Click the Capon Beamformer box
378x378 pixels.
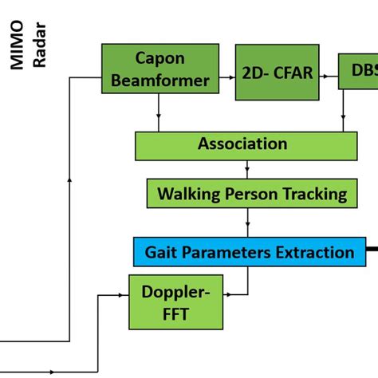click(x=160, y=69)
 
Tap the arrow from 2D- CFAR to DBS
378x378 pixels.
click(x=328, y=74)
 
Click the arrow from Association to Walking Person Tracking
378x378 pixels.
click(x=247, y=169)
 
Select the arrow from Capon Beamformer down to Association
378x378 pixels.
click(x=159, y=118)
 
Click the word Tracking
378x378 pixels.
click(x=308, y=193)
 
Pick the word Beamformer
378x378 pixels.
click(x=160, y=80)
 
